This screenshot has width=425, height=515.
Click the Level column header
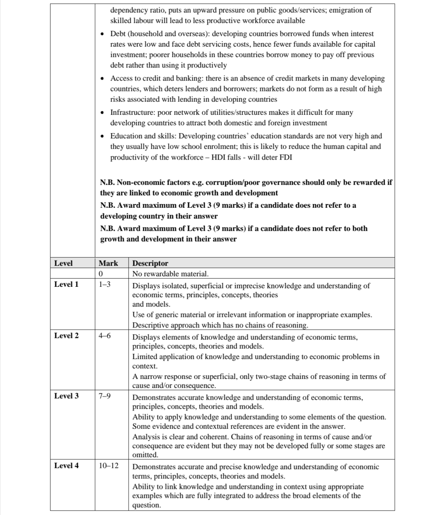pyautogui.click(x=63, y=263)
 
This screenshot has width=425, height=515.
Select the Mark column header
pyautogui.click(x=108, y=263)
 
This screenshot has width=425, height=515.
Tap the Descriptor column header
pyautogui.click(x=150, y=263)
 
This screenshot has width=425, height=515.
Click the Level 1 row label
pyautogui.click(x=66, y=284)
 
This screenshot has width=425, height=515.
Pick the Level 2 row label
pyautogui.click(x=66, y=335)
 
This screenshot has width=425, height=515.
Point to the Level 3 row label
pyautogui.click(x=66, y=396)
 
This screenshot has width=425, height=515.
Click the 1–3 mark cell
pyautogui.click(x=104, y=285)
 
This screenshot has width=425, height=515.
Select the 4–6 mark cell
pyautogui.click(x=104, y=336)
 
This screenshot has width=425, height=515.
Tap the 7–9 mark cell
pyautogui.click(x=104, y=396)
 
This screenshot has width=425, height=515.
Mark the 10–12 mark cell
pyautogui.click(x=108, y=465)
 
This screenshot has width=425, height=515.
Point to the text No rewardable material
pyautogui.click(x=170, y=274)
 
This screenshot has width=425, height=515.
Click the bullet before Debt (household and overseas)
pyautogui.click(x=103, y=34)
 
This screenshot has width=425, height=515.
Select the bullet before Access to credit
pyautogui.click(x=103, y=79)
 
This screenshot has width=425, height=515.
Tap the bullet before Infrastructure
pyautogui.click(x=103, y=113)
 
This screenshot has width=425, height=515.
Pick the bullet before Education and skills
pyautogui.click(x=103, y=136)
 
